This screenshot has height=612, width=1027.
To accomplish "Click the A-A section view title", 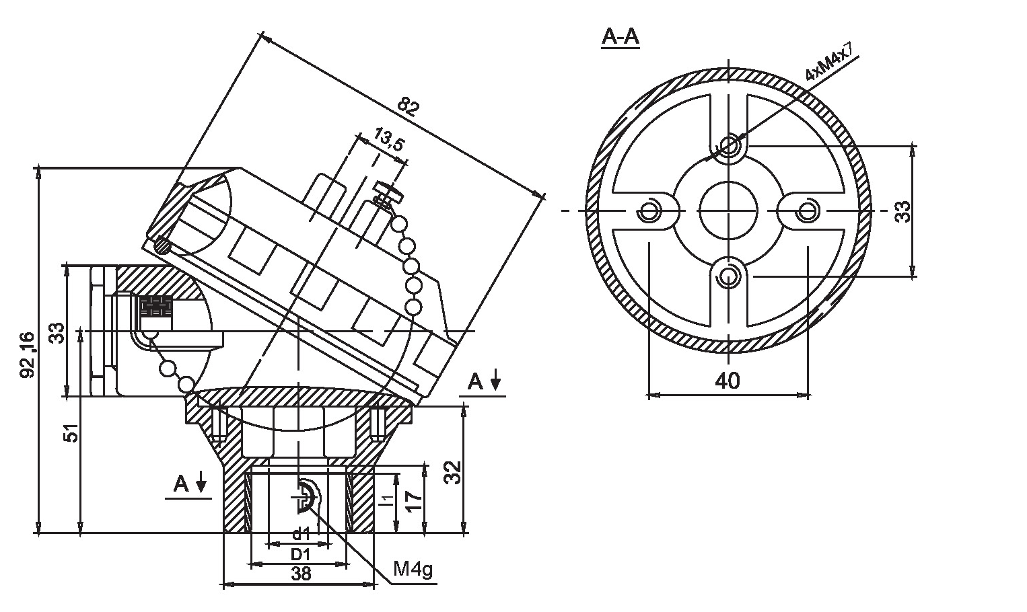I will click(620, 38).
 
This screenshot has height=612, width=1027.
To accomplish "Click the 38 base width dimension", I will click(301, 574).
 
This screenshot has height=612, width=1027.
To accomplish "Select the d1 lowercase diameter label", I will click(300, 535).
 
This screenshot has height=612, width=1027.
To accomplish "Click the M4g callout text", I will click(413, 570).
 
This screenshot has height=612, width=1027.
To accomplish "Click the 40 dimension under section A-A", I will click(727, 381).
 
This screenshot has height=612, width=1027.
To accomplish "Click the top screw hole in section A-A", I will click(728, 145).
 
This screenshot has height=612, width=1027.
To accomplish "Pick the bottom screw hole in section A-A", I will click(728, 276).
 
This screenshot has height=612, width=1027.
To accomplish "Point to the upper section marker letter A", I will click(476, 382).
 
